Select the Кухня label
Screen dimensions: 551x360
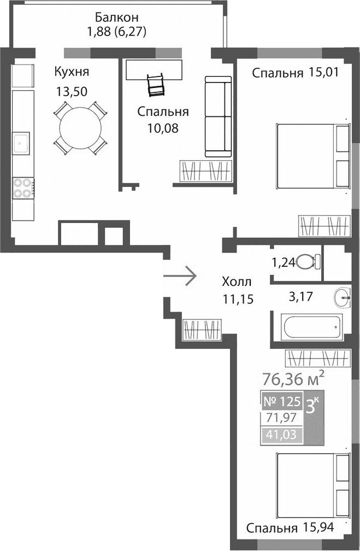point(71,72)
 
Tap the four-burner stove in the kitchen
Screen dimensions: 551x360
point(23,187)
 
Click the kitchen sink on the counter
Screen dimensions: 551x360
point(22,143)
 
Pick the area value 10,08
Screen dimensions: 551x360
point(162,128)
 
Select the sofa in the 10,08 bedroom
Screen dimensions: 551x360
point(217,116)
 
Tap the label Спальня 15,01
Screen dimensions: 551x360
point(296,74)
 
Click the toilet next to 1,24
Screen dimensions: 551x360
point(309,262)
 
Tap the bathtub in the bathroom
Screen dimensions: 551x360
point(308,327)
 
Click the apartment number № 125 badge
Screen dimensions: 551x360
point(282,402)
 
